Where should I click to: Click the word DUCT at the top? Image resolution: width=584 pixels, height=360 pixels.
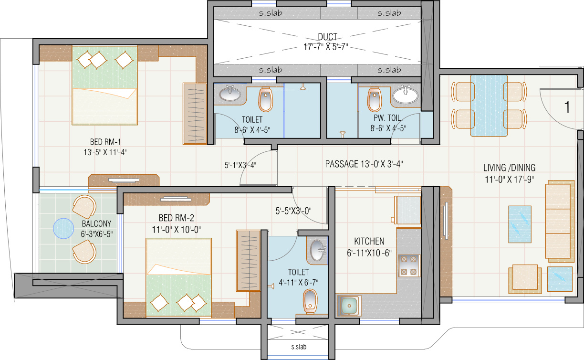pyautogui.click(x=327, y=37)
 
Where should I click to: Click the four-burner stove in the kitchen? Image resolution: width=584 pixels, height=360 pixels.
pyautogui.click(x=409, y=265)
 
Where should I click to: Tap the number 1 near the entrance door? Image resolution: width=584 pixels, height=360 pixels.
pyautogui.click(x=567, y=107)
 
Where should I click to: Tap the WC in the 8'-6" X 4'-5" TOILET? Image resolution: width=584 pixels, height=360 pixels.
pyautogui.click(x=266, y=99)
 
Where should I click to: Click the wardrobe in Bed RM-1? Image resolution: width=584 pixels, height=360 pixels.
pyautogui.click(x=194, y=114)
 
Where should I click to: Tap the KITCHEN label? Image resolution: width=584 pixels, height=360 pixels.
pyautogui.click(x=369, y=242)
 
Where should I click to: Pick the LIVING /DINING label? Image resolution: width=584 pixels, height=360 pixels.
pyautogui.click(x=509, y=168)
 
